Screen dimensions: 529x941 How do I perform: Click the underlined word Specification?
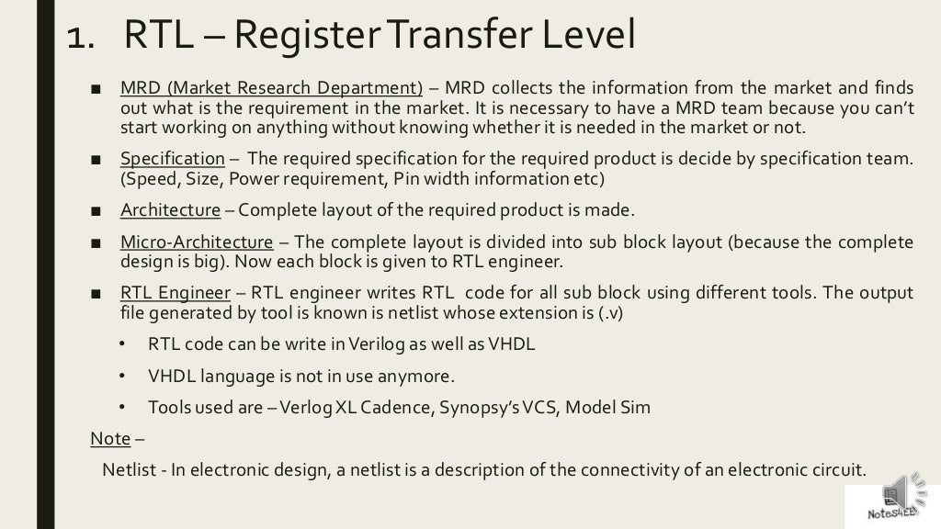coord(172,158)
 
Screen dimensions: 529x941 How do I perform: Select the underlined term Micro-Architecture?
coord(196,242)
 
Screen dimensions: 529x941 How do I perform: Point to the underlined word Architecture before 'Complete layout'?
coord(170,210)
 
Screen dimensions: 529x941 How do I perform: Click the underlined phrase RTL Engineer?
coord(175,293)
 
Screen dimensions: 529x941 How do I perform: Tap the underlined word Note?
coord(110,438)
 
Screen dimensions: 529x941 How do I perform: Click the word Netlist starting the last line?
coord(129,470)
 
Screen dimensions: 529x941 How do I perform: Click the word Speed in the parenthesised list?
coord(149,178)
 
